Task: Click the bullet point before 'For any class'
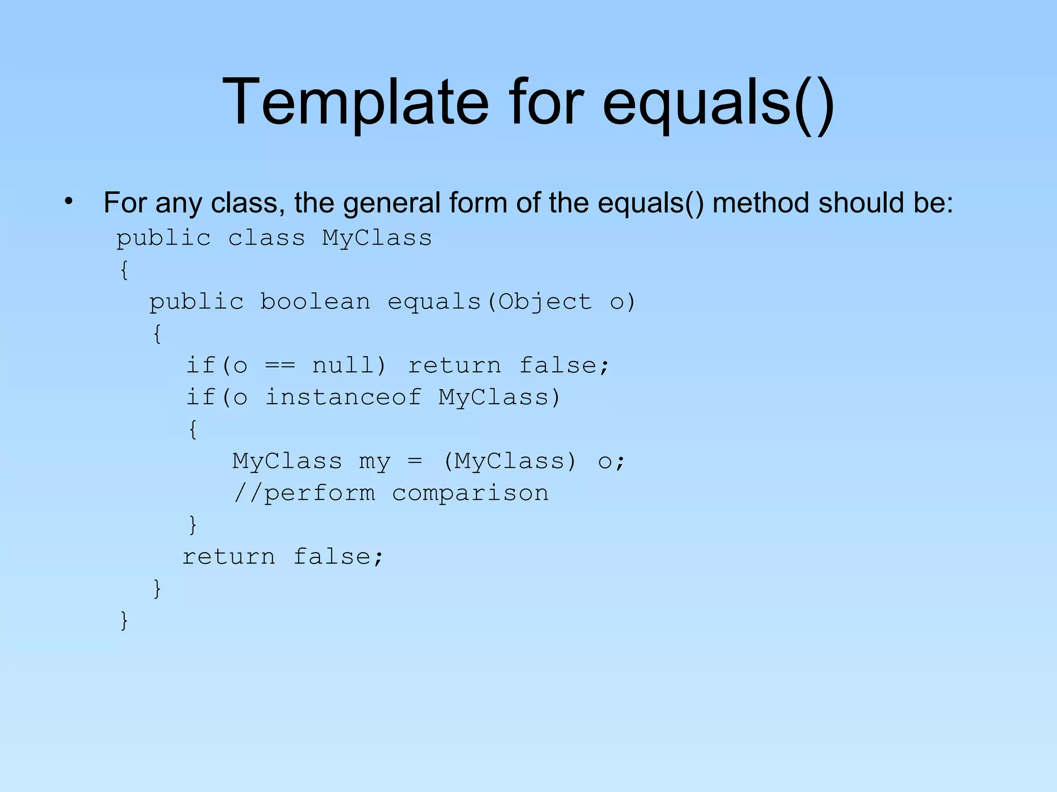(x=69, y=202)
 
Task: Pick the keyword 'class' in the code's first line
(x=267, y=238)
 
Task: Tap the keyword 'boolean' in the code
(x=315, y=302)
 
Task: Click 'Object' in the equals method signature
(x=545, y=302)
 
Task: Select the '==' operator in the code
(x=280, y=366)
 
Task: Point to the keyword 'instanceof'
(x=343, y=398)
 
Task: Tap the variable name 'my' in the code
(x=375, y=461)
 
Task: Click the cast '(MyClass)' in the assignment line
(x=509, y=461)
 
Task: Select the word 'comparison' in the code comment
(x=470, y=493)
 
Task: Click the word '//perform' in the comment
(x=305, y=493)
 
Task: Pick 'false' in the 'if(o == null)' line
(x=558, y=366)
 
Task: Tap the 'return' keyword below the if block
(x=229, y=557)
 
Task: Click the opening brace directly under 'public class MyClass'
(x=124, y=270)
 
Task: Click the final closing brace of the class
(x=124, y=620)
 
